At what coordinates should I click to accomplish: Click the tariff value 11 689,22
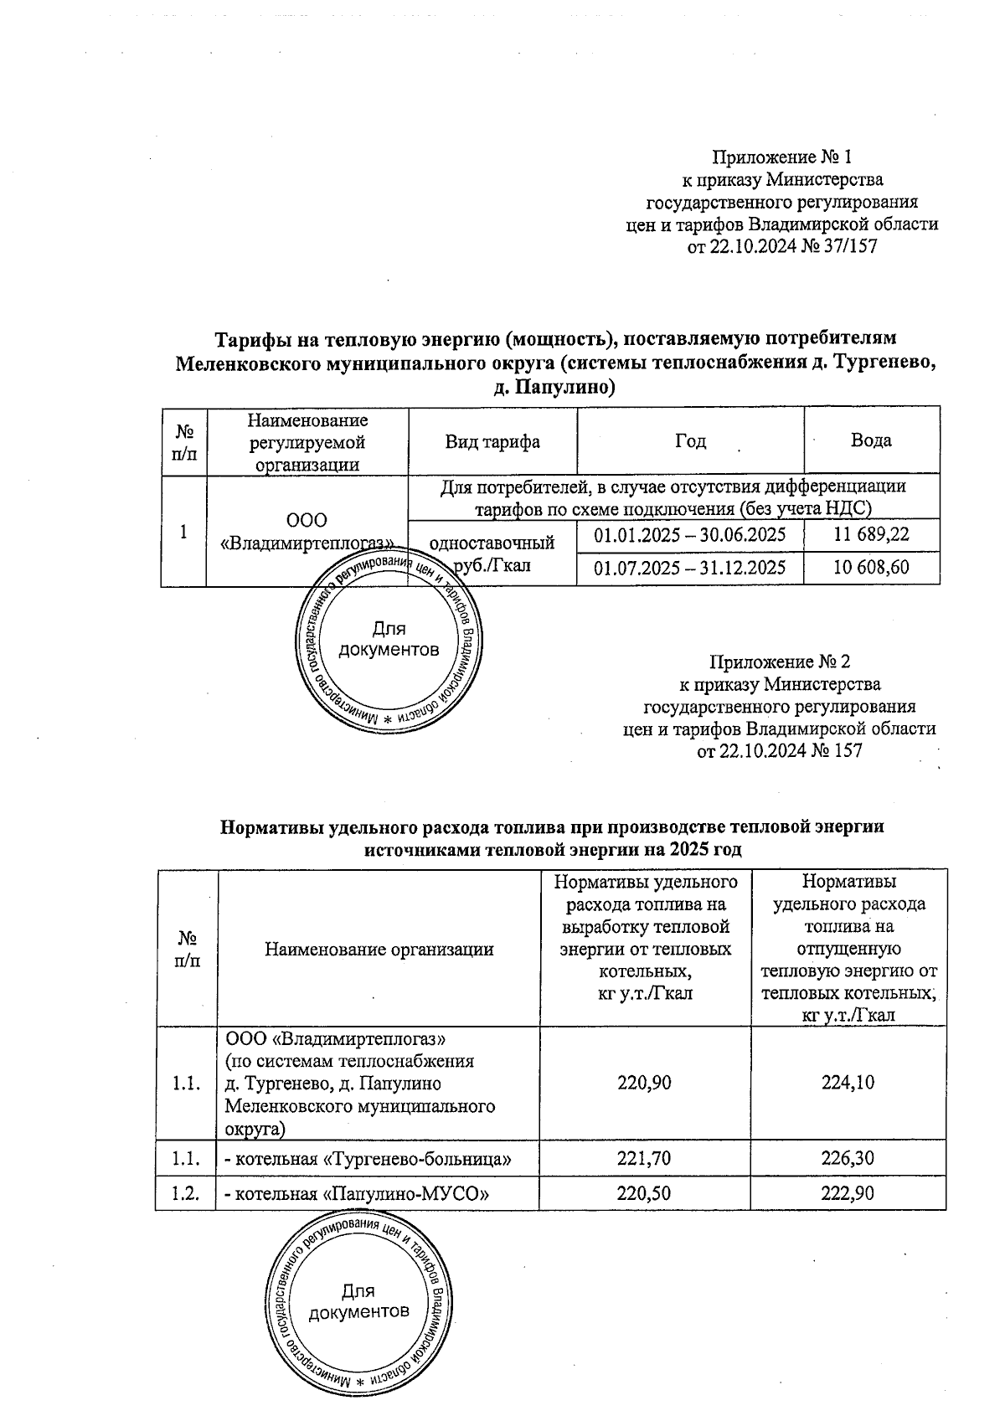click(871, 534)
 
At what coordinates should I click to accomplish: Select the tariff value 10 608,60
click(871, 568)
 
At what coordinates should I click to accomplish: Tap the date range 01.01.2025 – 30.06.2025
click(689, 534)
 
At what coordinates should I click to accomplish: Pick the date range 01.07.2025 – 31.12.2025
click(689, 568)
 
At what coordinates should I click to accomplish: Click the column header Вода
click(871, 440)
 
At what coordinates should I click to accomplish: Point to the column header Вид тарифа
click(492, 441)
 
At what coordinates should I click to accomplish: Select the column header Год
click(690, 441)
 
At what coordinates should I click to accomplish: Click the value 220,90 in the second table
click(644, 1083)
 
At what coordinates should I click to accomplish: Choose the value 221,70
click(644, 1160)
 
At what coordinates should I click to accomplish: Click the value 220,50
click(644, 1193)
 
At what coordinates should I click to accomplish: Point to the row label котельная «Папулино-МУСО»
click(355, 1193)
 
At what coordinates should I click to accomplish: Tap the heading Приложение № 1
click(781, 157)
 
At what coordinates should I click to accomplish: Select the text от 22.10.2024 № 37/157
click(781, 247)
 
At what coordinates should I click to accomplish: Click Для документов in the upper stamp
click(389, 639)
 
